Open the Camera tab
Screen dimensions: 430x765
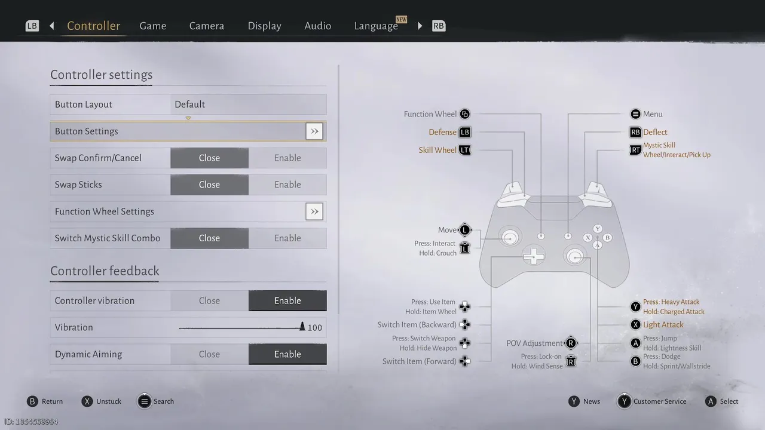(x=207, y=26)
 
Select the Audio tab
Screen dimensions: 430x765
(x=317, y=26)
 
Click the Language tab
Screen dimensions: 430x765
(x=376, y=26)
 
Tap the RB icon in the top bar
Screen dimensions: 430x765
(x=439, y=26)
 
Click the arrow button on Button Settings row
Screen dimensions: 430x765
(x=314, y=131)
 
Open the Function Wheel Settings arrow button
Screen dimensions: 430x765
(x=314, y=211)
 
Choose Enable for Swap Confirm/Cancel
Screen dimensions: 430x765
(x=287, y=158)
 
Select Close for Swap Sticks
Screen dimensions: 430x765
(x=209, y=185)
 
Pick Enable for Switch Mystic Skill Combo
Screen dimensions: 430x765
(x=287, y=238)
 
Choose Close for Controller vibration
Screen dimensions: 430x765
(x=209, y=301)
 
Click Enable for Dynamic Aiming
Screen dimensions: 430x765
(x=287, y=354)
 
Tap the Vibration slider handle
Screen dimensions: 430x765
(x=302, y=327)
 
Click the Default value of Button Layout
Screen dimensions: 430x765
(x=190, y=105)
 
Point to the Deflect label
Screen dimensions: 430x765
(x=655, y=133)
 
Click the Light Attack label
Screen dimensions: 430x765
(x=663, y=325)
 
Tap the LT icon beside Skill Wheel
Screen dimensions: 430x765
(x=465, y=150)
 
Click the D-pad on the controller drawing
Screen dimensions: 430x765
(x=534, y=256)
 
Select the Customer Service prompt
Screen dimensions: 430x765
(x=660, y=401)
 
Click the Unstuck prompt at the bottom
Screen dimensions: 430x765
(x=109, y=401)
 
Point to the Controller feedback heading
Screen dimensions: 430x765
(x=105, y=271)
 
